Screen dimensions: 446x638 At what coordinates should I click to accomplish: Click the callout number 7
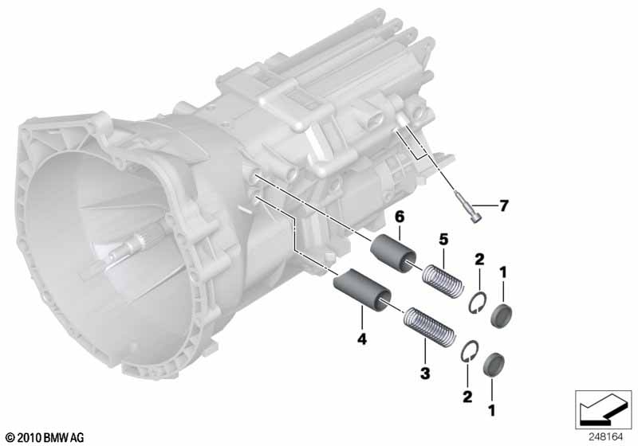[x=503, y=206]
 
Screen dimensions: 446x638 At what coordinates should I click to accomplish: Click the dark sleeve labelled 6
[x=391, y=250]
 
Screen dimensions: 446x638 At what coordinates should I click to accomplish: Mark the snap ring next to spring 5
[x=477, y=303]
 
